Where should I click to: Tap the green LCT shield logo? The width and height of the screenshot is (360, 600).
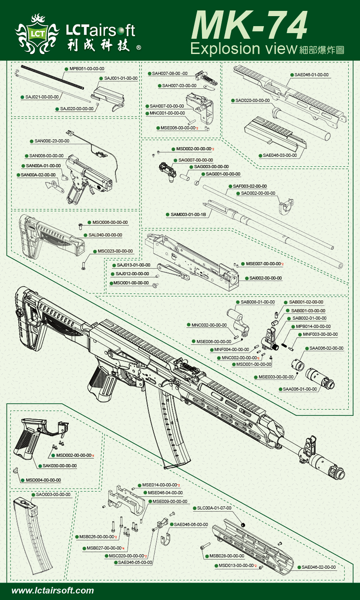[x=37, y=33]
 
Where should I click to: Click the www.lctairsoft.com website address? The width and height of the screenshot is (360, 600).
[x=53, y=590]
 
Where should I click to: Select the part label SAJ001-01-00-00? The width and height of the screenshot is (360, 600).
[x=121, y=78]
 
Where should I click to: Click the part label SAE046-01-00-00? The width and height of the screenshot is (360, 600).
[x=311, y=75]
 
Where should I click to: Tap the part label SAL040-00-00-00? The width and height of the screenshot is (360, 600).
[x=105, y=235]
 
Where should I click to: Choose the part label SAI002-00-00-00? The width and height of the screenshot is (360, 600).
[x=265, y=278]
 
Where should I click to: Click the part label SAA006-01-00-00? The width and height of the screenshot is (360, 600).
[x=300, y=389]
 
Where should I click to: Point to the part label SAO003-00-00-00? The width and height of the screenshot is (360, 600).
[x=53, y=495]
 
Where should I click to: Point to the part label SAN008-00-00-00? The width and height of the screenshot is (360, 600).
[x=46, y=155]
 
